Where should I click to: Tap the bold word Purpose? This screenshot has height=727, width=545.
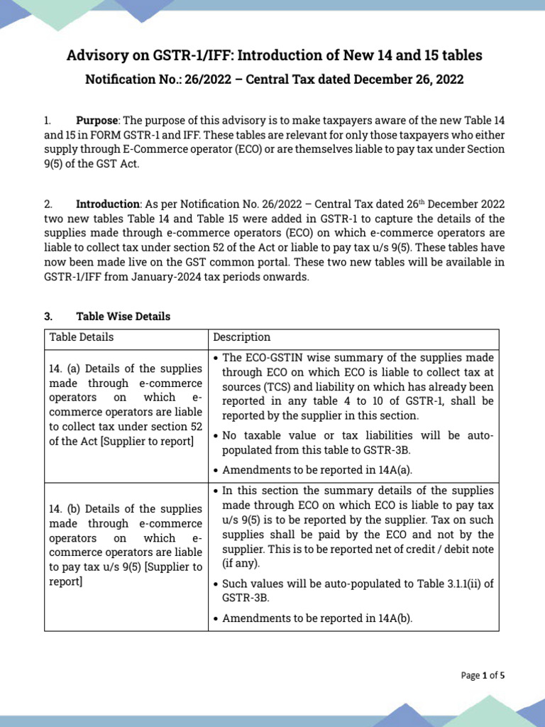[x=97, y=121]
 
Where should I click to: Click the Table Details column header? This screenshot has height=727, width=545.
[x=81, y=337]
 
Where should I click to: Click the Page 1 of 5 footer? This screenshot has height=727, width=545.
[x=483, y=675]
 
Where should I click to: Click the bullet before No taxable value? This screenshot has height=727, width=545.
[x=216, y=436]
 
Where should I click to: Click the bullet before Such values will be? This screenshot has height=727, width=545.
[x=216, y=584]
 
